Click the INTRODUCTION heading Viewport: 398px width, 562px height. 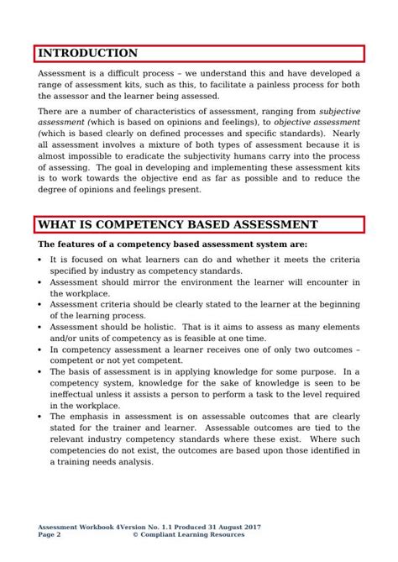[88, 54]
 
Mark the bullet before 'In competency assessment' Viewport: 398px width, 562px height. [39, 349]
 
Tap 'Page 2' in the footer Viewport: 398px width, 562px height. [49, 534]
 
